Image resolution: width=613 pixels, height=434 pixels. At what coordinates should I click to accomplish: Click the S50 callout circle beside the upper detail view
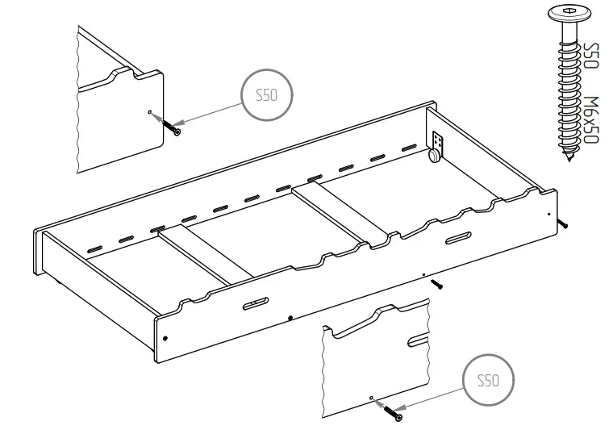(x=266, y=95)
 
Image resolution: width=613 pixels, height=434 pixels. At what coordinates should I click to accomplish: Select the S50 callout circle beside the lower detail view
(x=488, y=380)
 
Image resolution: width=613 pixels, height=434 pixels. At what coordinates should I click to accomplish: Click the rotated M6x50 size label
(x=591, y=120)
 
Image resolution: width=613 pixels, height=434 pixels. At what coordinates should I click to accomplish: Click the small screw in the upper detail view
(x=172, y=127)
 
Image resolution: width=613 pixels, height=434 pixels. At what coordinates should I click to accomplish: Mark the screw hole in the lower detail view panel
(x=370, y=398)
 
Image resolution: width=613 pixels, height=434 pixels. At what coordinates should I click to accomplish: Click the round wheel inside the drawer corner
(x=436, y=155)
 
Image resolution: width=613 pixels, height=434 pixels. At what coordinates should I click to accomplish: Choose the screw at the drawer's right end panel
(x=564, y=222)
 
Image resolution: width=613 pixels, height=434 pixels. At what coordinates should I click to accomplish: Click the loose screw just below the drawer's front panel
(x=436, y=283)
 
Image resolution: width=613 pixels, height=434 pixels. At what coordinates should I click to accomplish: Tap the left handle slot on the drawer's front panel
(x=254, y=303)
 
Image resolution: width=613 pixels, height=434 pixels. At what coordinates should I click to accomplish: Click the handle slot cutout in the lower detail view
(x=417, y=339)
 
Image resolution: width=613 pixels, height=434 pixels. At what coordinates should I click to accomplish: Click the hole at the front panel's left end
(x=165, y=336)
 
